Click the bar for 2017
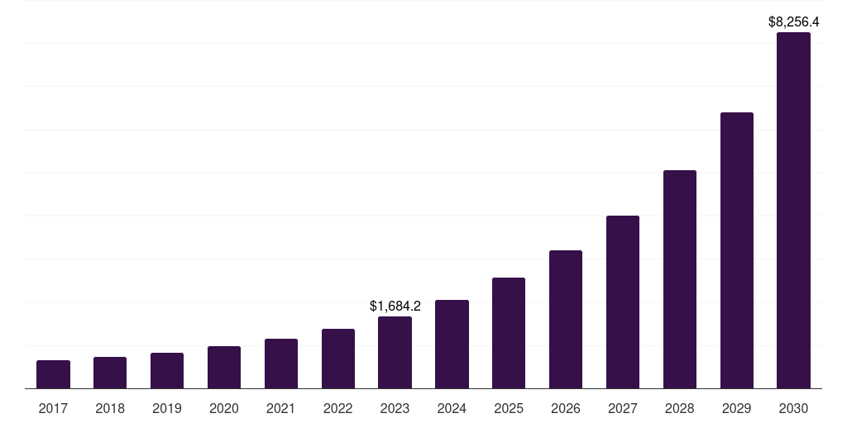[53, 374]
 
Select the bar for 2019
[167, 371]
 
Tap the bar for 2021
[281, 364]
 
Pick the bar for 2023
[395, 353]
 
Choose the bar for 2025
[509, 333]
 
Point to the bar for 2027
[623, 302]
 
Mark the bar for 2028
[680, 279]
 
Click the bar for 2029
[737, 250]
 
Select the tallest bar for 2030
[793, 211]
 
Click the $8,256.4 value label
[793, 21]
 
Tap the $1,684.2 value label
[395, 306]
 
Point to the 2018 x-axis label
[110, 408]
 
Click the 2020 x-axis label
[224, 408]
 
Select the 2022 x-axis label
[337, 408]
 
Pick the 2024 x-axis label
[452, 408]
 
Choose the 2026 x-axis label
[566, 408]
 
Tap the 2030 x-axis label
[793, 408]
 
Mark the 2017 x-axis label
[53, 408]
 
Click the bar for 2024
[452, 345]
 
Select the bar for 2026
[566, 320]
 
